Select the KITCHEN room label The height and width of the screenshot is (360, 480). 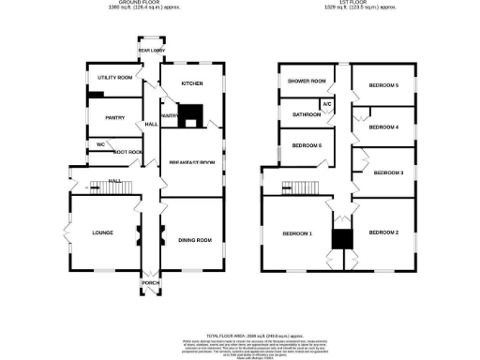click(x=191, y=83)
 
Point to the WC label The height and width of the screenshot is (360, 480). click(x=100, y=144)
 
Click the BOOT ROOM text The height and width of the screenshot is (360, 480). click(x=127, y=152)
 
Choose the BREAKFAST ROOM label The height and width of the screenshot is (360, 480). click(x=191, y=163)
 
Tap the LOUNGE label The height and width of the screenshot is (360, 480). click(x=102, y=232)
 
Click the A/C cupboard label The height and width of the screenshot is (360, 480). click(x=327, y=103)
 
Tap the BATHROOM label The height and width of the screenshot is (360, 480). click(x=307, y=114)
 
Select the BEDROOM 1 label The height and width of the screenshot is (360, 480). click(x=297, y=232)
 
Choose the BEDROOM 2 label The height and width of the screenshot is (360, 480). click(x=384, y=232)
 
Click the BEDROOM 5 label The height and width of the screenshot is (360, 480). click(x=383, y=86)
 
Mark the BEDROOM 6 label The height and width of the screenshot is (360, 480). click(x=307, y=145)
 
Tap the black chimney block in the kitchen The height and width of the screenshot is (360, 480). click(x=192, y=113)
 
